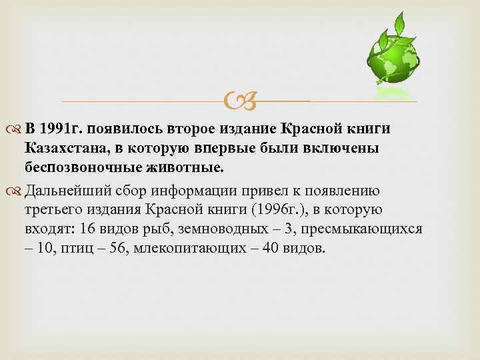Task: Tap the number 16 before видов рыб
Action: click(x=87, y=229)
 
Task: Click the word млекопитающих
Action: click(x=183, y=248)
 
